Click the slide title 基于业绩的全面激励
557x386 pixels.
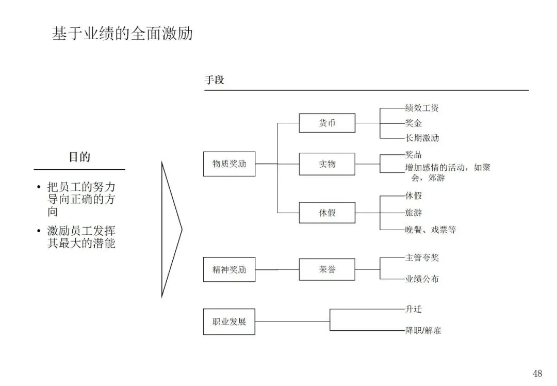122,34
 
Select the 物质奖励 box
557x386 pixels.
229,164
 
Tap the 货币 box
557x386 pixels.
327,123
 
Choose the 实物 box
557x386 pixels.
327,164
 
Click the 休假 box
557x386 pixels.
327,212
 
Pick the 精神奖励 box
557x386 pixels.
229,269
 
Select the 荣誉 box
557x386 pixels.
327,269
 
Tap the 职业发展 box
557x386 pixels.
229,322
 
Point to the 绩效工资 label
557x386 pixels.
422,108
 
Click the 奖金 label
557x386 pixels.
414,123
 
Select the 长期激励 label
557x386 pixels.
422,138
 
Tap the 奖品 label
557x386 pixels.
414,155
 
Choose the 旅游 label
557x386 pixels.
414,213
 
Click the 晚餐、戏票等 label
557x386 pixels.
430,230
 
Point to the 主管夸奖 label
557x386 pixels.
422,258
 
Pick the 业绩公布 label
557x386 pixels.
422,279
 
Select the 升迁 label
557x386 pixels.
414,310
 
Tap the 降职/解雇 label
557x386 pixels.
423,330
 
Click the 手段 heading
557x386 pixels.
215,81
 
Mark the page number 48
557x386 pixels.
537,374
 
